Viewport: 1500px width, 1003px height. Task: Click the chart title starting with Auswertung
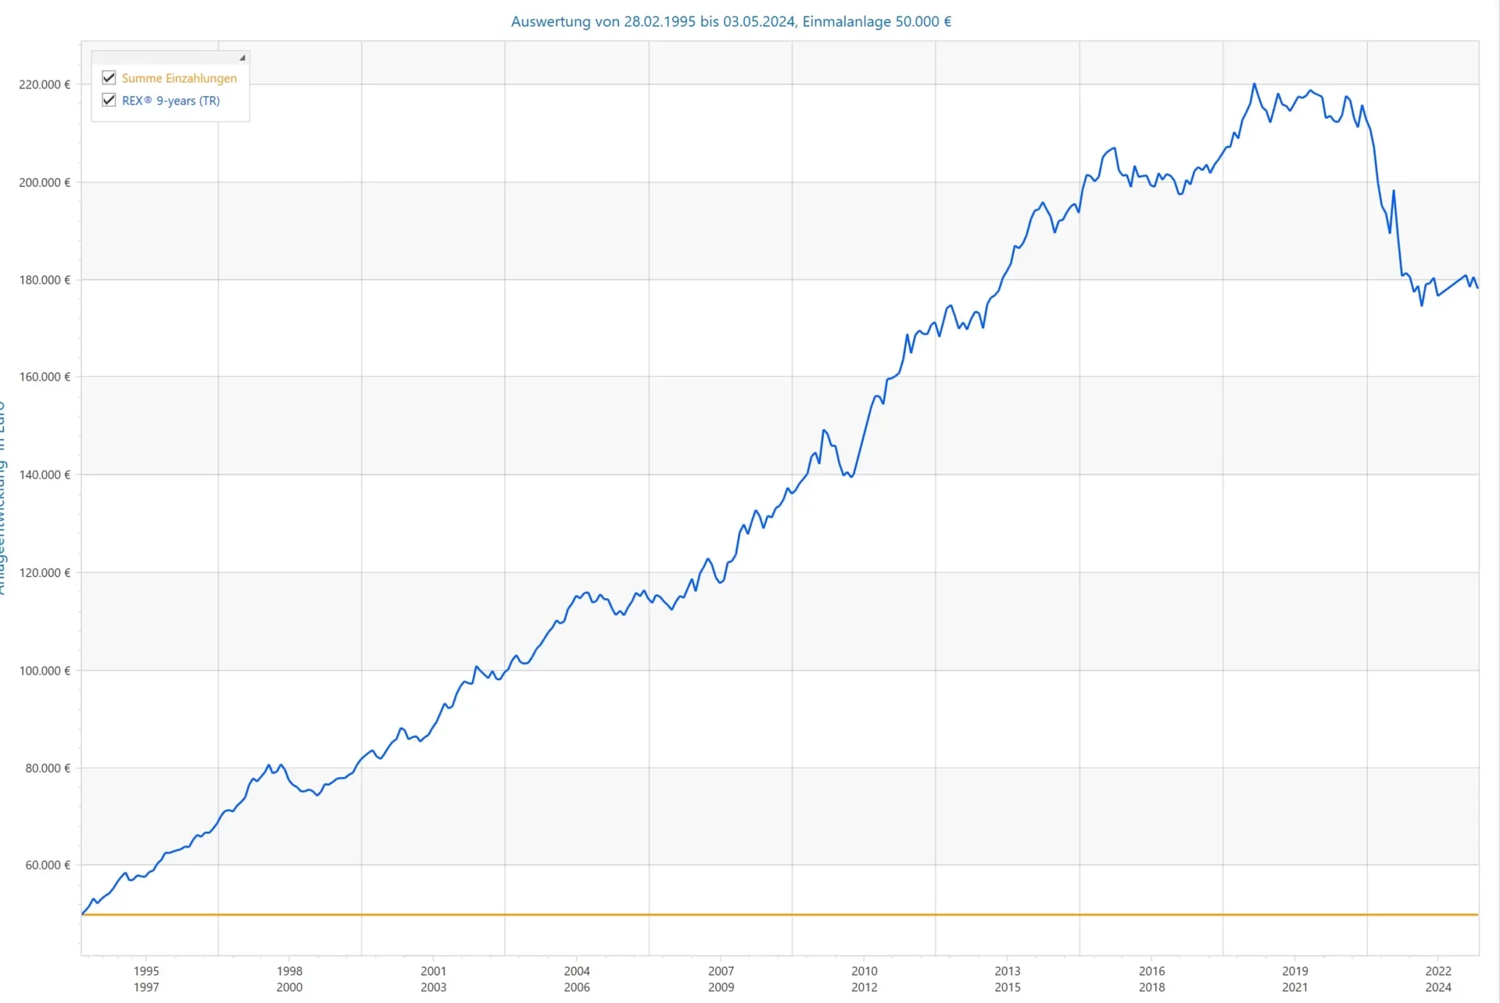731,22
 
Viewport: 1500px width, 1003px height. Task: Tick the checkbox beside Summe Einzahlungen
109,78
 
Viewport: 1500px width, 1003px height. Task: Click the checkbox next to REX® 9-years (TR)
109,100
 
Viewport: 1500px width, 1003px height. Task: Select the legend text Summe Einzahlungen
179,78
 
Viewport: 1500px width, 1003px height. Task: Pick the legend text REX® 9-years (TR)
170,101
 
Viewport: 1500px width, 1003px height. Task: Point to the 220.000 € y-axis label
45,84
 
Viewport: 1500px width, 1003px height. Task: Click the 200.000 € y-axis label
45,182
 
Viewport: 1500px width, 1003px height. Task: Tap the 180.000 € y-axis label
45,280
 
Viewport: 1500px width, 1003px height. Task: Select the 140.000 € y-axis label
45,475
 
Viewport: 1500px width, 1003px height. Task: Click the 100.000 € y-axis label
45,671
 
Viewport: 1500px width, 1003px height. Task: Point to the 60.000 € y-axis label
48,865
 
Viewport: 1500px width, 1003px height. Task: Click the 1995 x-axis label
146,971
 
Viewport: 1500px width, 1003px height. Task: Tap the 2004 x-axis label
577,971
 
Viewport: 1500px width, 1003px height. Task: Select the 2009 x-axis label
721,987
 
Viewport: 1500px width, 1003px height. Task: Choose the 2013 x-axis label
1008,971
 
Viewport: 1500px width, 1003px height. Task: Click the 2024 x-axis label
1438,987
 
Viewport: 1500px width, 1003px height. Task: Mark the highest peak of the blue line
1254,84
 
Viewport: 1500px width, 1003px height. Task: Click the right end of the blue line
1477,288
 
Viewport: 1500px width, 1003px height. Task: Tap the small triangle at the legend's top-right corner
242,58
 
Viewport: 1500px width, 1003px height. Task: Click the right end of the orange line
1477,914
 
